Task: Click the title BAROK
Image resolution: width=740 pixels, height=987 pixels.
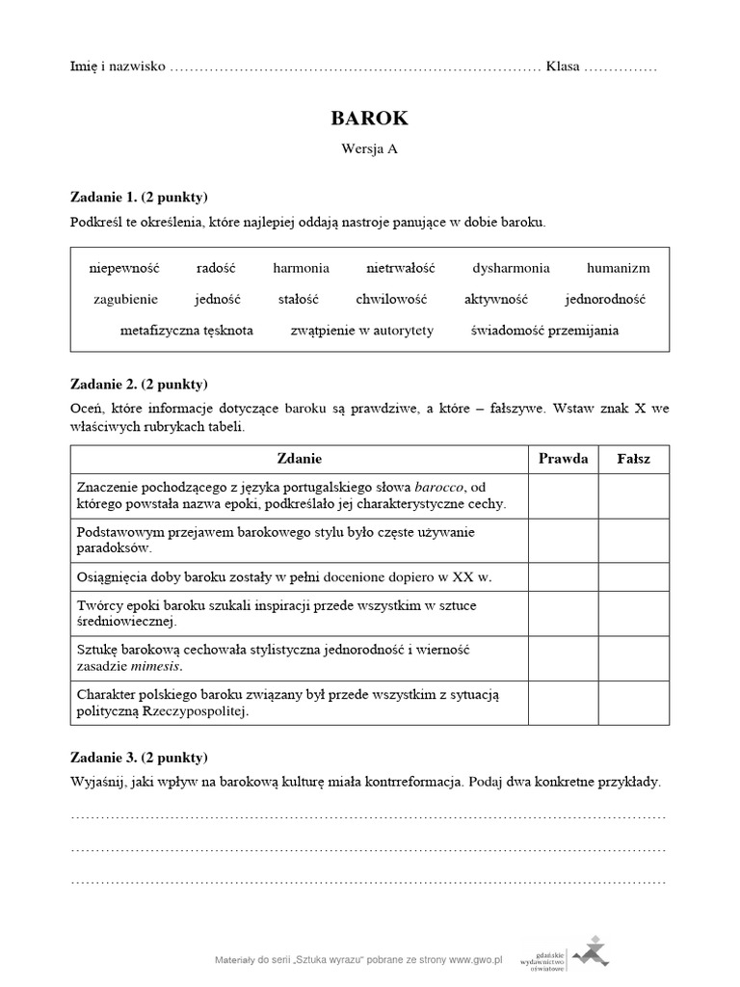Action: (x=369, y=119)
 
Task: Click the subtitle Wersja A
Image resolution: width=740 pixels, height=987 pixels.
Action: (x=369, y=149)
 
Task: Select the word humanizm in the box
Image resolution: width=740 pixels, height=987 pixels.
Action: (x=618, y=268)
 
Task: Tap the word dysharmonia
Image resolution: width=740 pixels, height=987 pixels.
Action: (x=511, y=268)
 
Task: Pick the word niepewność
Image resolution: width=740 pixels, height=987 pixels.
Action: (x=123, y=268)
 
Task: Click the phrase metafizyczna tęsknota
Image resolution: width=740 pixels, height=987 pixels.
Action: (x=187, y=331)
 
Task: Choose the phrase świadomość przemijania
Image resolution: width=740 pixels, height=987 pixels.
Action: (x=544, y=331)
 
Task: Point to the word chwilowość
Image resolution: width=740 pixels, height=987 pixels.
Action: (x=390, y=300)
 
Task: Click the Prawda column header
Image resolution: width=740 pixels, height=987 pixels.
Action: (x=563, y=459)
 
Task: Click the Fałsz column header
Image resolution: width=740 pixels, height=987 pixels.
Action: (x=633, y=459)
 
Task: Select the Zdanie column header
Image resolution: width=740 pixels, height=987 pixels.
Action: (x=300, y=459)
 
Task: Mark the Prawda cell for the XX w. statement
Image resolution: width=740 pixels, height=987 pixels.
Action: (x=563, y=577)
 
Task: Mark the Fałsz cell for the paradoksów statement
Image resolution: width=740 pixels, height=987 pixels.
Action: (x=633, y=541)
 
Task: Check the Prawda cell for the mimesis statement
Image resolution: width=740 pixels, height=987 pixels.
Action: (x=563, y=658)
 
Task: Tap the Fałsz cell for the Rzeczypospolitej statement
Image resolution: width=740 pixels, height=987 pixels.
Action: (x=633, y=704)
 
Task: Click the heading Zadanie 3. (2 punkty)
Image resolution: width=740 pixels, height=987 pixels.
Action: (x=139, y=757)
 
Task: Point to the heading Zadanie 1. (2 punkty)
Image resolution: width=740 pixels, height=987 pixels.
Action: (x=139, y=198)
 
